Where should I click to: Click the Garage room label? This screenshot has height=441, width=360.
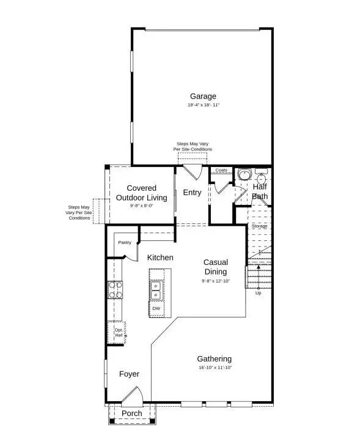[x=203, y=96]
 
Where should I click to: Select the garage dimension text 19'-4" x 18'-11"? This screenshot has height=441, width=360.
[x=203, y=105]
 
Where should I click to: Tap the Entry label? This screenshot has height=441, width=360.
[x=192, y=193]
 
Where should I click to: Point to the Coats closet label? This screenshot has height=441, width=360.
[x=221, y=171]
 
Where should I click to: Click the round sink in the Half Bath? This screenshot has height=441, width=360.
[x=245, y=174]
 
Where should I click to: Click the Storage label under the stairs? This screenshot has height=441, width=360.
[x=259, y=226]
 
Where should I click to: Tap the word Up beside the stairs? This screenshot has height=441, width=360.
[x=258, y=292]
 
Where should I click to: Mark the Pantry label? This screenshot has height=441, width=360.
[x=125, y=242]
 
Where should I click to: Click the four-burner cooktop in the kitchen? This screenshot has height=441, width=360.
[x=115, y=289]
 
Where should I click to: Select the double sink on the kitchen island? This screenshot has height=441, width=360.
[x=156, y=290]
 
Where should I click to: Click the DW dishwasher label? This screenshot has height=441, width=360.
[x=156, y=308]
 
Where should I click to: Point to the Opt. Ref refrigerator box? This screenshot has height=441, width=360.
[x=117, y=332]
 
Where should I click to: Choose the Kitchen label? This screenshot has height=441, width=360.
[x=160, y=258]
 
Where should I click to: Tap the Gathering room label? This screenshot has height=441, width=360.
[x=214, y=358]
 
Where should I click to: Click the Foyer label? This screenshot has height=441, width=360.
[x=129, y=374]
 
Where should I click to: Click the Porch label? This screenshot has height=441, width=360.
[x=131, y=413]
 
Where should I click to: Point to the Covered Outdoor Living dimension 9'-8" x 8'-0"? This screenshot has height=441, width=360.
[x=142, y=206]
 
